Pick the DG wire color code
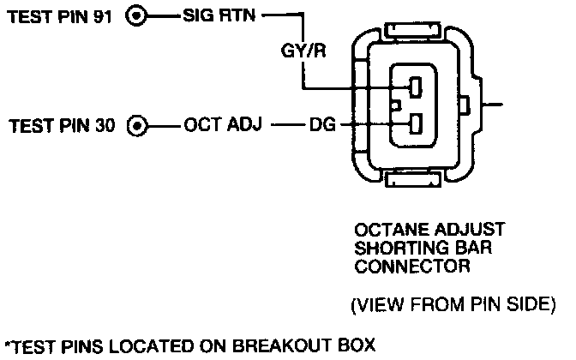[x=321, y=128]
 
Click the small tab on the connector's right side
[x=464, y=106]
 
